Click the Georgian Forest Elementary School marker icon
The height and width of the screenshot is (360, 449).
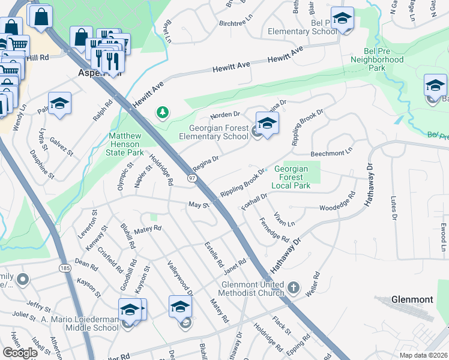[x=267, y=123]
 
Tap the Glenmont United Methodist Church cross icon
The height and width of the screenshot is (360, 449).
[x=294, y=289]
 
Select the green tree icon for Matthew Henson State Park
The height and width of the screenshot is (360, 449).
[x=162, y=112]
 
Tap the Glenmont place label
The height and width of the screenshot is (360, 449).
[x=412, y=299]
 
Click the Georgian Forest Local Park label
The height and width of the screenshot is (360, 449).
[x=291, y=178]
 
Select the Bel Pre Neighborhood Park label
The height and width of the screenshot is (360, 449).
[x=376, y=60]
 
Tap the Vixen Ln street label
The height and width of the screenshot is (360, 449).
[x=284, y=220]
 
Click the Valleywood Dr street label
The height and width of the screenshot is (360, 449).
[x=180, y=278]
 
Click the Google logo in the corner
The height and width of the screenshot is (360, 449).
[x=20, y=353]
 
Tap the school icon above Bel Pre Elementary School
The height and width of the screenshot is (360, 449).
[x=342, y=19]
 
